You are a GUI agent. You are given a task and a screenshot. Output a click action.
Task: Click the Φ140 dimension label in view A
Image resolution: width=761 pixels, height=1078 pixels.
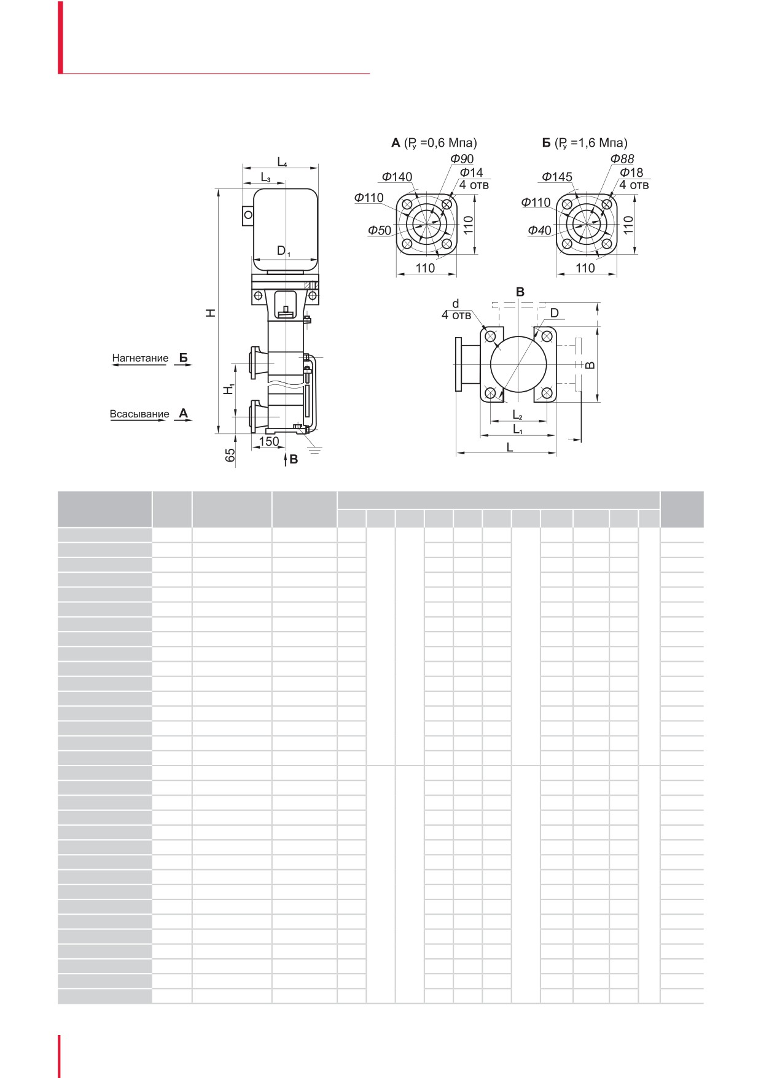pos(397,177)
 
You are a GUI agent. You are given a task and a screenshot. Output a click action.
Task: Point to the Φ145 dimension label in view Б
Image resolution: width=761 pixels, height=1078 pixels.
pos(556,177)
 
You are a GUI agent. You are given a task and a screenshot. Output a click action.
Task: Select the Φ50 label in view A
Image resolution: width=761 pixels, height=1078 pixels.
pos(380,230)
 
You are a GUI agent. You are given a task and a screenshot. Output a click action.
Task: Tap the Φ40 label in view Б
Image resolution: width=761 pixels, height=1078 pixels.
pos(539,230)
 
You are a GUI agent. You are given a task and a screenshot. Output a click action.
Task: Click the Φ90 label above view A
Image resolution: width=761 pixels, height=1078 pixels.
pos(462,159)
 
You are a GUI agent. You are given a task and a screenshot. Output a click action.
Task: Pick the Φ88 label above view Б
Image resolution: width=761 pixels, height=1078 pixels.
pos(622,159)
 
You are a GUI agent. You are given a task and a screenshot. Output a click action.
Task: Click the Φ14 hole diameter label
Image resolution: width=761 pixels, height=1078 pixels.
pos(471,173)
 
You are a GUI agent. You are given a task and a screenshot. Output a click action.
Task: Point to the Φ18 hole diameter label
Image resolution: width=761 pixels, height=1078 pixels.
pos(631,173)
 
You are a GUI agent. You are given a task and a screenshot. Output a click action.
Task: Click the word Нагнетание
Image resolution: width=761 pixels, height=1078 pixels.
pos(140,358)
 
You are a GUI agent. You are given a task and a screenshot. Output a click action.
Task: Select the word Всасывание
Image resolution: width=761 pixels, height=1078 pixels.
pos(139,414)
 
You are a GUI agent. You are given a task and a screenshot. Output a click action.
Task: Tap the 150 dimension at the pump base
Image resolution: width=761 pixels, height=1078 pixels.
pos(269,441)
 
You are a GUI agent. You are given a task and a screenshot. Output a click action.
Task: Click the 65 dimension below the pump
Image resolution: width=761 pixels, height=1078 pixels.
pos(230,455)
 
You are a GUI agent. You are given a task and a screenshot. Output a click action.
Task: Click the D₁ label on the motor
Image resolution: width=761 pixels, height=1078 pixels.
pos(283,250)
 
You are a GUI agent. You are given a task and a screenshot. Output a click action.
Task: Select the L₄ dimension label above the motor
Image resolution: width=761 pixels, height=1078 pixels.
pos(282,162)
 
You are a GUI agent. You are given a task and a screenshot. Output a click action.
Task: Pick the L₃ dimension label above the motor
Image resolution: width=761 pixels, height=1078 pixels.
pos(265,177)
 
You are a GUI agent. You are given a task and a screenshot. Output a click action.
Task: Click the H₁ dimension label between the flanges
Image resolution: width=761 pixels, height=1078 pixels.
pos(228,389)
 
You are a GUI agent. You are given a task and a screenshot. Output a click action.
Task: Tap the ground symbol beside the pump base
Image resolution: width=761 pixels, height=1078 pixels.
pos(314,451)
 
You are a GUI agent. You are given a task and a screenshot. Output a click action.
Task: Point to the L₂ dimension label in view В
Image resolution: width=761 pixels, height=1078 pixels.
pos(517,416)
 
